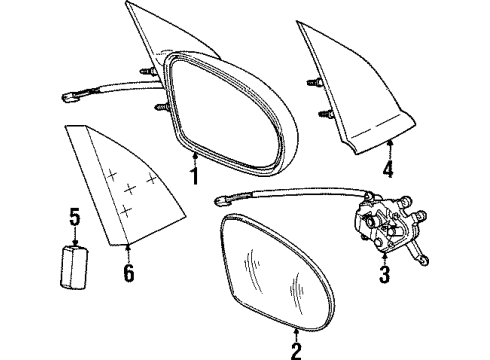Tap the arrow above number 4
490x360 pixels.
(388, 150)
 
